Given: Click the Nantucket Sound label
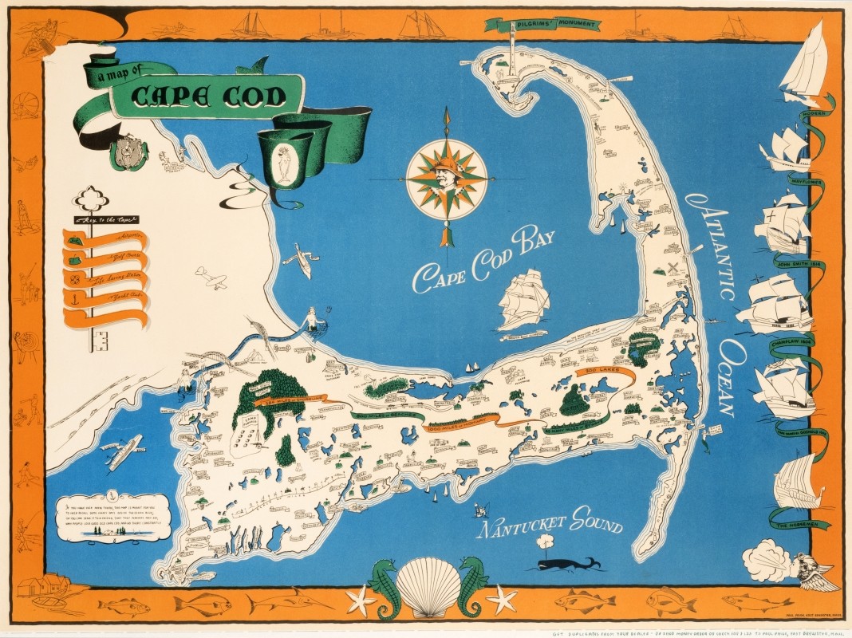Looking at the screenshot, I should click(x=549, y=526).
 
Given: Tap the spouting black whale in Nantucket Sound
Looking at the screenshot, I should click(x=566, y=564).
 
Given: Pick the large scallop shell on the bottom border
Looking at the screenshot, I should click(x=428, y=587).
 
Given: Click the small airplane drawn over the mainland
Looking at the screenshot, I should click(x=211, y=278).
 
